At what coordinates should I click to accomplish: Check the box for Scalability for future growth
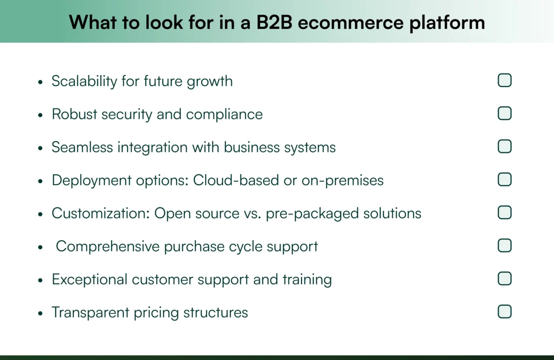click(x=505, y=81)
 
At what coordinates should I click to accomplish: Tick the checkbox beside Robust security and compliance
click(x=505, y=113)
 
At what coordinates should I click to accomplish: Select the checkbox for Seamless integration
click(x=505, y=146)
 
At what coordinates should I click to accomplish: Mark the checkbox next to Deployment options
click(x=505, y=180)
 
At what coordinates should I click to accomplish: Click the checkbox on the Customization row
click(x=505, y=212)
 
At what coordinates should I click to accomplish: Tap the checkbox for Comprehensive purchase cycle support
click(x=505, y=246)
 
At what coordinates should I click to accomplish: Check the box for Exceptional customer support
click(x=505, y=279)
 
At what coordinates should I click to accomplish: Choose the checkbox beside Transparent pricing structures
click(x=505, y=311)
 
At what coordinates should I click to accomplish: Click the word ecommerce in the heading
click(x=351, y=22)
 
